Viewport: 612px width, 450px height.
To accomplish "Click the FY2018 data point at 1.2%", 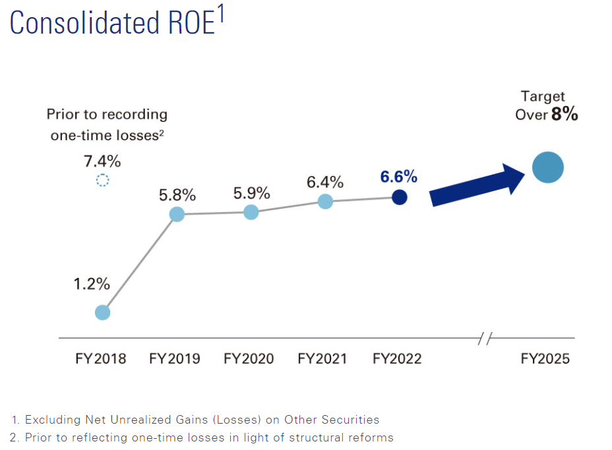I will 102,312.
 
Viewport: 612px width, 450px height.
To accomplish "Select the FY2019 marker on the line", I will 177,214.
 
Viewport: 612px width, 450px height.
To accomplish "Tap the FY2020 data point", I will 251,212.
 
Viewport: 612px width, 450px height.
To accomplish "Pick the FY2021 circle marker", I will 325,202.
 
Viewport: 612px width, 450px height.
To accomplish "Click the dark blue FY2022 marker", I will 399,197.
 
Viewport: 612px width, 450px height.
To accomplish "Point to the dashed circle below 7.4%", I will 102,181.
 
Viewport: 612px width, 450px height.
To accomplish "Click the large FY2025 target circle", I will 548,167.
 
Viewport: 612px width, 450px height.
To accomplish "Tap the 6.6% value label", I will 398,177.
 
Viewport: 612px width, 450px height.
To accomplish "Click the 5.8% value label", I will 177,195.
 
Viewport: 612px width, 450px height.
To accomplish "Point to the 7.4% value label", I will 102,160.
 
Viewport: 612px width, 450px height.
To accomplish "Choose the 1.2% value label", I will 92,285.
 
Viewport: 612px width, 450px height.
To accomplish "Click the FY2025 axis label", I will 545,359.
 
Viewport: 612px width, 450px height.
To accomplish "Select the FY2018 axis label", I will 100,359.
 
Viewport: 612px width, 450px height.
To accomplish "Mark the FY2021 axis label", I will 323,359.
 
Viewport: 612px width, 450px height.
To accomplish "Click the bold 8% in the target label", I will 565,114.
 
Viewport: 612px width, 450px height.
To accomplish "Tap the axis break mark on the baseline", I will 485,339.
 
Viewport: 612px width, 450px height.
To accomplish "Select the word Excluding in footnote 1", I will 51,420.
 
